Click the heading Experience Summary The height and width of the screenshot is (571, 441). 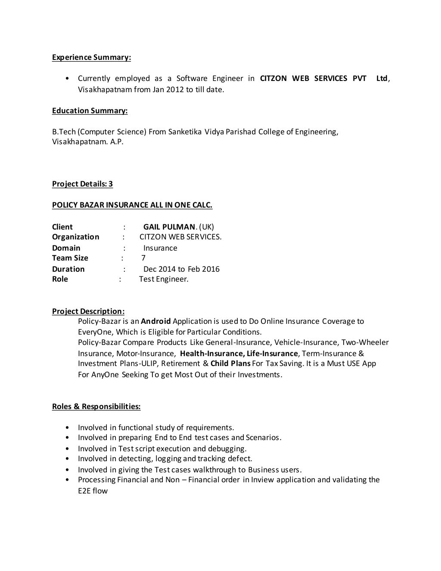click(x=91, y=57)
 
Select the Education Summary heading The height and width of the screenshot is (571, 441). click(x=90, y=111)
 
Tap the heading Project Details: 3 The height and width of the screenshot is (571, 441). click(x=82, y=184)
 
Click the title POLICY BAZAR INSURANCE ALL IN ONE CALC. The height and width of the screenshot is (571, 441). click(x=132, y=205)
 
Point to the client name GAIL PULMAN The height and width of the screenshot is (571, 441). click(x=170, y=227)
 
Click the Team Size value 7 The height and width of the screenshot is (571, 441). click(x=143, y=258)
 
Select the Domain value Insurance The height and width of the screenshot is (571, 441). click(x=160, y=248)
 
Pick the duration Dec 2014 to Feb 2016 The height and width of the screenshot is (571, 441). click(x=181, y=269)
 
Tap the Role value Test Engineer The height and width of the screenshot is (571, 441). click(x=164, y=279)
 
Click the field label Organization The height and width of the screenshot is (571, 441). click(x=75, y=237)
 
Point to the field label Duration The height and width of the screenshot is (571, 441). click(x=68, y=269)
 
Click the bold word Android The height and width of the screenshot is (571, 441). click(x=156, y=321)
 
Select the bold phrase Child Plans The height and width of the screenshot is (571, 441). click(x=230, y=363)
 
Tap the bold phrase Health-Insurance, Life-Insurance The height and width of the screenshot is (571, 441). click(x=239, y=354)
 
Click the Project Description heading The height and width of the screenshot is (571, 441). click(x=88, y=311)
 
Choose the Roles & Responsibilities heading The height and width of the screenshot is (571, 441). click(x=96, y=407)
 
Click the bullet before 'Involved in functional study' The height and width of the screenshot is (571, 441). click(x=68, y=428)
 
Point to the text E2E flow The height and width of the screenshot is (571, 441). click(x=93, y=491)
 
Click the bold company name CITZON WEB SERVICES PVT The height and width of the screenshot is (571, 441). click(x=313, y=78)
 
